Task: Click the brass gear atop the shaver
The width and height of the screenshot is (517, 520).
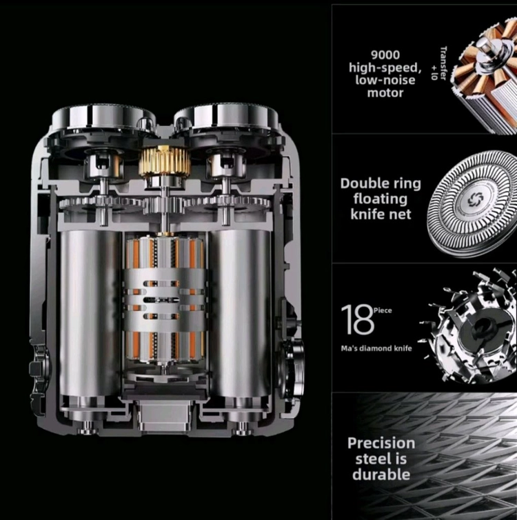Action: tap(165, 160)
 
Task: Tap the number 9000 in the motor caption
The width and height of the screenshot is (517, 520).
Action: tap(385, 54)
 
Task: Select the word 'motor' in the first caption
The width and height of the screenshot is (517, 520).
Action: tap(385, 93)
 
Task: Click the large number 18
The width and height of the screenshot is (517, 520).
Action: tap(357, 320)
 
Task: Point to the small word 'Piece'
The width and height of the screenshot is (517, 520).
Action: tap(383, 310)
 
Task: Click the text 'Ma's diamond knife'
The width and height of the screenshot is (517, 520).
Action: tap(376, 348)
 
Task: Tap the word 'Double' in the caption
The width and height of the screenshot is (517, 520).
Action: tap(361, 183)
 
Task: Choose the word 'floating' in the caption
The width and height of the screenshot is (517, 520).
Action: tap(380, 199)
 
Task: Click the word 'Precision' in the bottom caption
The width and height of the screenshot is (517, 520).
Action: tap(381, 443)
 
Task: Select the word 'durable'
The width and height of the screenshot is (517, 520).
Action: tap(381, 474)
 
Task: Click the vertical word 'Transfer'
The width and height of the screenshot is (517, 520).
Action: tap(443, 63)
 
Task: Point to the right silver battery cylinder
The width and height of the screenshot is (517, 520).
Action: tap(241, 313)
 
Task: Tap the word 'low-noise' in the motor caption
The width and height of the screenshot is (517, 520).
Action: tap(385, 80)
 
